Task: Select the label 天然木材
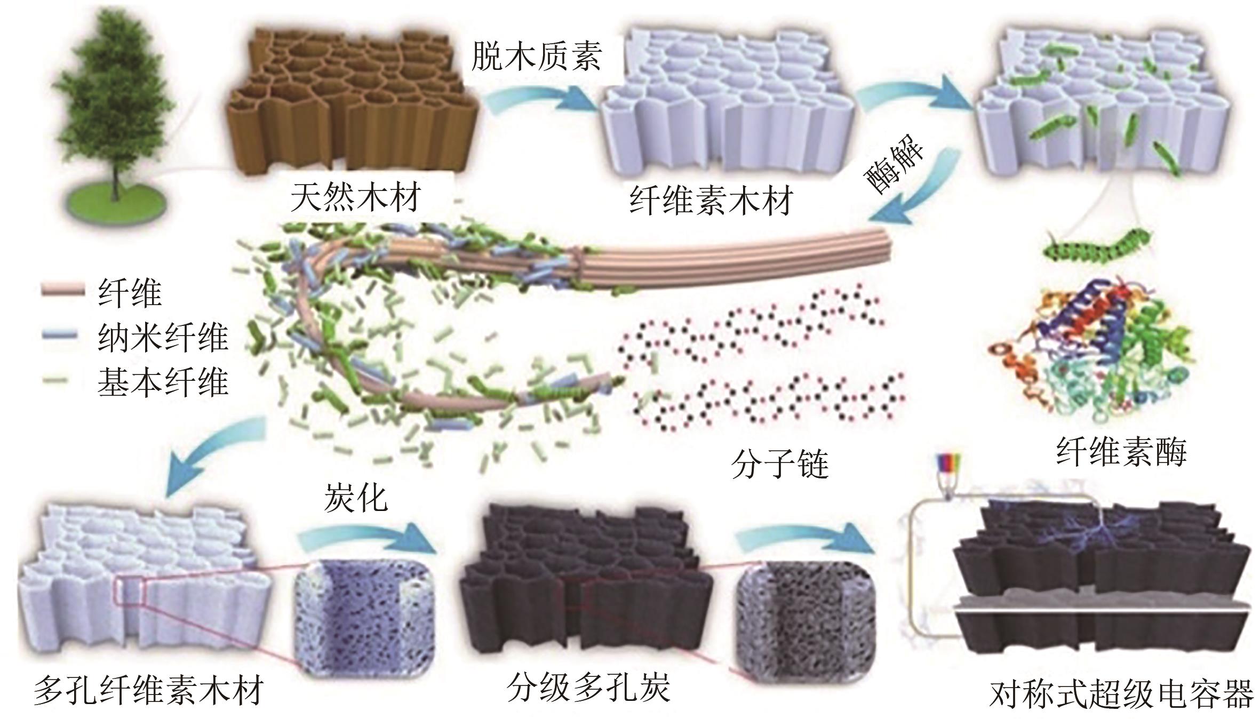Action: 356,197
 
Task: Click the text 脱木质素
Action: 537,56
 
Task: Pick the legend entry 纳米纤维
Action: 163,338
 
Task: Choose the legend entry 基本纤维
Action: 163,382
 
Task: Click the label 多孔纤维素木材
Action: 149,691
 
